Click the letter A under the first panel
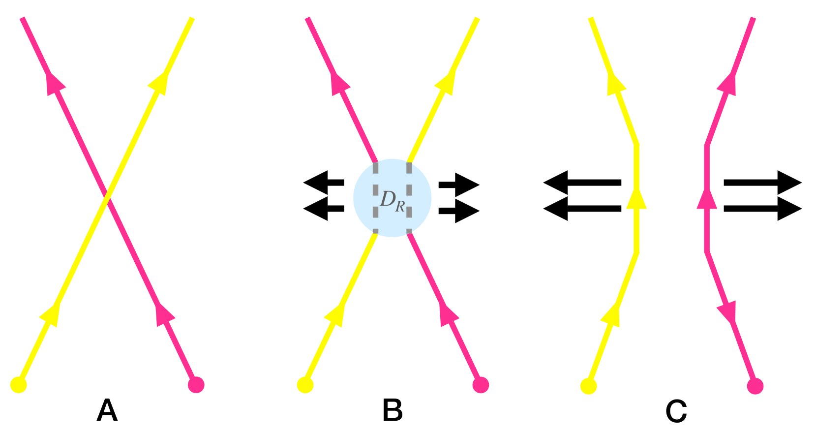(107, 410)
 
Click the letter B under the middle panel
(393, 410)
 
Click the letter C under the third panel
(676, 411)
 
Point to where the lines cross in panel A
(107, 199)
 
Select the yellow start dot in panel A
(19, 385)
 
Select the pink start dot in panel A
(196, 385)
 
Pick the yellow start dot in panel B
(305, 385)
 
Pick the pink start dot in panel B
(481, 385)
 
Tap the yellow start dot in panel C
(588, 386)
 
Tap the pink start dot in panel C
(755, 386)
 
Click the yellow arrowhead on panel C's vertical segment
(637, 199)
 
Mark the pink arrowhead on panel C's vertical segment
(707, 199)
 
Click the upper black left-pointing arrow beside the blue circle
(323, 183)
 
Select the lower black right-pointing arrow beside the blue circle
(459, 211)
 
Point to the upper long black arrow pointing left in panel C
(582, 183)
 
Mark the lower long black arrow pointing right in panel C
(763, 209)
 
